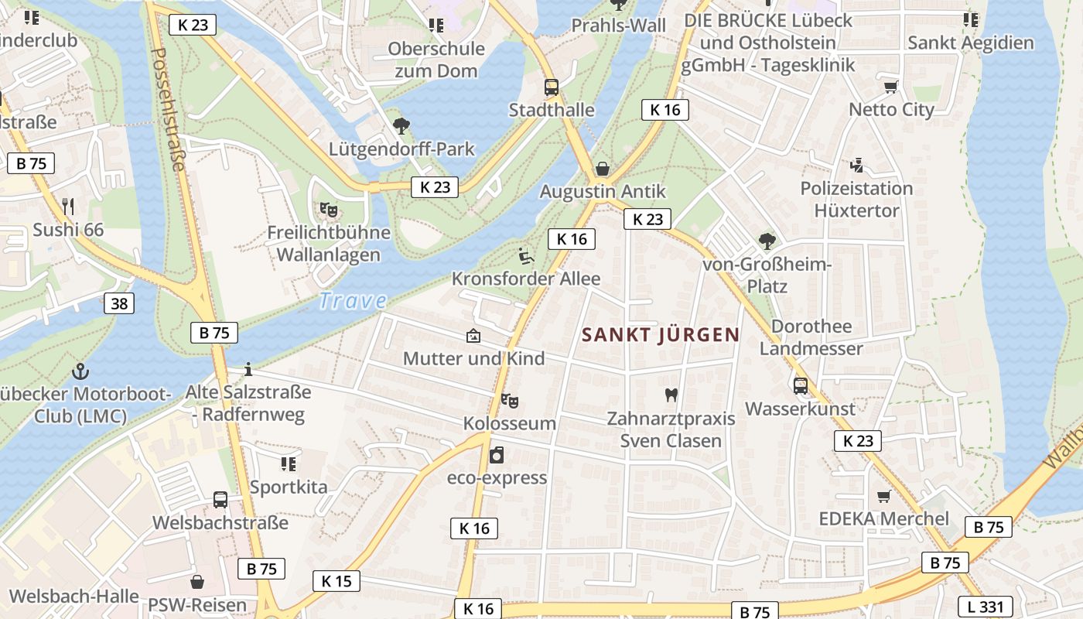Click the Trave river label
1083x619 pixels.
click(x=353, y=300)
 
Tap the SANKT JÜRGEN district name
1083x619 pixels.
click(x=661, y=335)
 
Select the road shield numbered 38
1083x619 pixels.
click(x=119, y=303)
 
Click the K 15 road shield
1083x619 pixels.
click(x=337, y=581)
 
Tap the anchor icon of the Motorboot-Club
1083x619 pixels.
click(x=80, y=372)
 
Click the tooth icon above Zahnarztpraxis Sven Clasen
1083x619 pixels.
click(x=671, y=395)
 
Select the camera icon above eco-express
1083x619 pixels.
click(x=497, y=455)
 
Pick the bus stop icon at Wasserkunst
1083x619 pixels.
click(x=801, y=385)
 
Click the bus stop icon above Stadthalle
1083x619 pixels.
click(x=552, y=87)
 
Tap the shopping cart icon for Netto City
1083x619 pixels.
click(x=891, y=87)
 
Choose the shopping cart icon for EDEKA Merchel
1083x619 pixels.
click(x=883, y=496)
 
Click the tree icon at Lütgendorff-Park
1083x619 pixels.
click(x=401, y=125)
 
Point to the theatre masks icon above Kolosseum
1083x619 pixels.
click(x=509, y=401)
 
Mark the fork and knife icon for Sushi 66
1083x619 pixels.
click(x=68, y=207)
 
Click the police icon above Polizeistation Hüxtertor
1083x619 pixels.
click(x=856, y=165)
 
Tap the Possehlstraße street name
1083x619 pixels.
click(x=168, y=109)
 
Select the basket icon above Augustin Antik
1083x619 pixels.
click(x=603, y=169)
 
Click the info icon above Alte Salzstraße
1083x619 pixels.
click(x=248, y=369)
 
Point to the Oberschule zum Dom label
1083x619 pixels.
click(x=436, y=60)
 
